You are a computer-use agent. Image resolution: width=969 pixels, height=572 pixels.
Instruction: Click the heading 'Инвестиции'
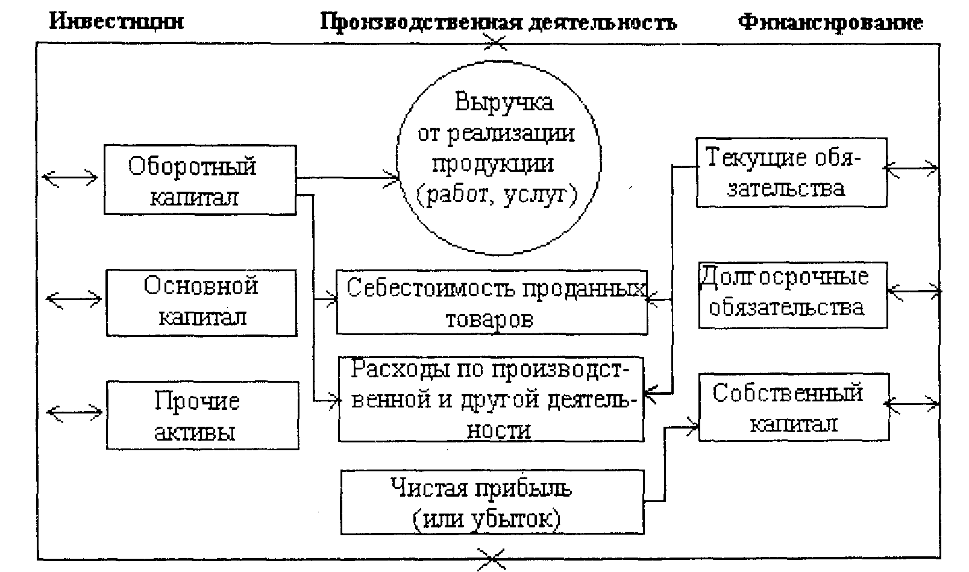[x=117, y=22]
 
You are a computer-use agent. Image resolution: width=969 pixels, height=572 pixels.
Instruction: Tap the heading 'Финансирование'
[x=830, y=22]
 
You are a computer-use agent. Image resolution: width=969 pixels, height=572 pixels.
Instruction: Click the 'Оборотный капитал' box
[x=199, y=180]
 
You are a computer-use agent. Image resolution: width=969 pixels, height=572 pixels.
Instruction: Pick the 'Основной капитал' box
[x=201, y=303]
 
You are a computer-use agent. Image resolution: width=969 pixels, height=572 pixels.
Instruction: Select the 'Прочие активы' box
[x=202, y=415]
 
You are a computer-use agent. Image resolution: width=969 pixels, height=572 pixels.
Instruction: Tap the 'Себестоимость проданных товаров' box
[x=492, y=303]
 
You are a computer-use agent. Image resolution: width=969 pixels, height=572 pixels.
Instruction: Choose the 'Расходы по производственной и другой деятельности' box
[x=491, y=399]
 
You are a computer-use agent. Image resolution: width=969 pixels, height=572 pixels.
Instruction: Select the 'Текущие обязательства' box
[x=791, y=173]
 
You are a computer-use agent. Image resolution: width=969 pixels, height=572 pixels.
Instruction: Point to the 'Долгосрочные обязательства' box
[x=792, y=295]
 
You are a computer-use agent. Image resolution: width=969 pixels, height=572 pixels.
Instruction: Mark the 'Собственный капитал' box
[x=794, y=407]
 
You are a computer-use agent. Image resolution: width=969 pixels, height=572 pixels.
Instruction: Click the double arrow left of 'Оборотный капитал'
[x=71, y=178]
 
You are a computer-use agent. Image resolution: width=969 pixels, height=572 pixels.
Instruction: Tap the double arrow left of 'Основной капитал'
[x=75, y=298]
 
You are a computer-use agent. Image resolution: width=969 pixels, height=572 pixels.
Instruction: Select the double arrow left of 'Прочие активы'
[x=75, y=413]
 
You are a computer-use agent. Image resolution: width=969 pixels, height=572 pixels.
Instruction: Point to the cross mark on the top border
[x=497, y=42]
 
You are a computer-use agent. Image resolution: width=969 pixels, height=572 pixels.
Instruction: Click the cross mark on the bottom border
[x=492, y=559]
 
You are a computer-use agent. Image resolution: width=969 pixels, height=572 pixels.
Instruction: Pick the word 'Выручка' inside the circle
[x=504, y=101]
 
